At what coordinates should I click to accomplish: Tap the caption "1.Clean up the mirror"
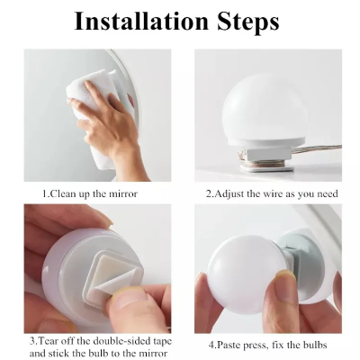click(90, 193)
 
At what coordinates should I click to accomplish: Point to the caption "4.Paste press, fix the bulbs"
click(269, 345)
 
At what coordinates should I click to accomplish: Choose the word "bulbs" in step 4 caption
click(311, 345)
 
